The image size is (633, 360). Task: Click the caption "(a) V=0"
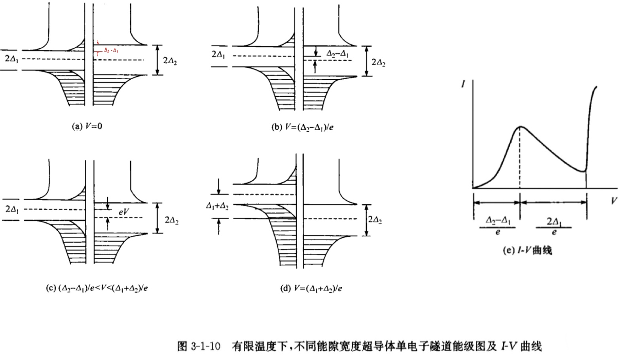pos(87,127)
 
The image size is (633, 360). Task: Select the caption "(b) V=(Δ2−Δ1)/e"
pos(302,127)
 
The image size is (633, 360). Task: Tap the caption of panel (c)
pos(97,288)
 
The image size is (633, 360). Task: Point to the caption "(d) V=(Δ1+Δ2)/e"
pos(311,288)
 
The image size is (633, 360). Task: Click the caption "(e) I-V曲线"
pos(527,250)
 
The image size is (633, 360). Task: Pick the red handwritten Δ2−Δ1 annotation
pos(111,51)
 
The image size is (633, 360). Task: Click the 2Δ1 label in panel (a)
pos(12,60)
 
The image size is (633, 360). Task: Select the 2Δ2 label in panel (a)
pos(170,61)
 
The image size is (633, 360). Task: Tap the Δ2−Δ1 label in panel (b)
pos(337,54)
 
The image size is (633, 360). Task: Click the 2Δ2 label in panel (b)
pos(379,63)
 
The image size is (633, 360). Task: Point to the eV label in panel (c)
pos(124,212)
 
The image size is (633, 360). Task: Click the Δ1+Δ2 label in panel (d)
pos(217,206)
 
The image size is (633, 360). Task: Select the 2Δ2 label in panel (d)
pos(375,220)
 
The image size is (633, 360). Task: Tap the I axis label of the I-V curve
pos(463,84)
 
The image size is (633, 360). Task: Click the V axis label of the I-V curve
pos(614,201)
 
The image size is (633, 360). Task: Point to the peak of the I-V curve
pos(520,127)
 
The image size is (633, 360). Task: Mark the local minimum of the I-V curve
pos(584,171)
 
